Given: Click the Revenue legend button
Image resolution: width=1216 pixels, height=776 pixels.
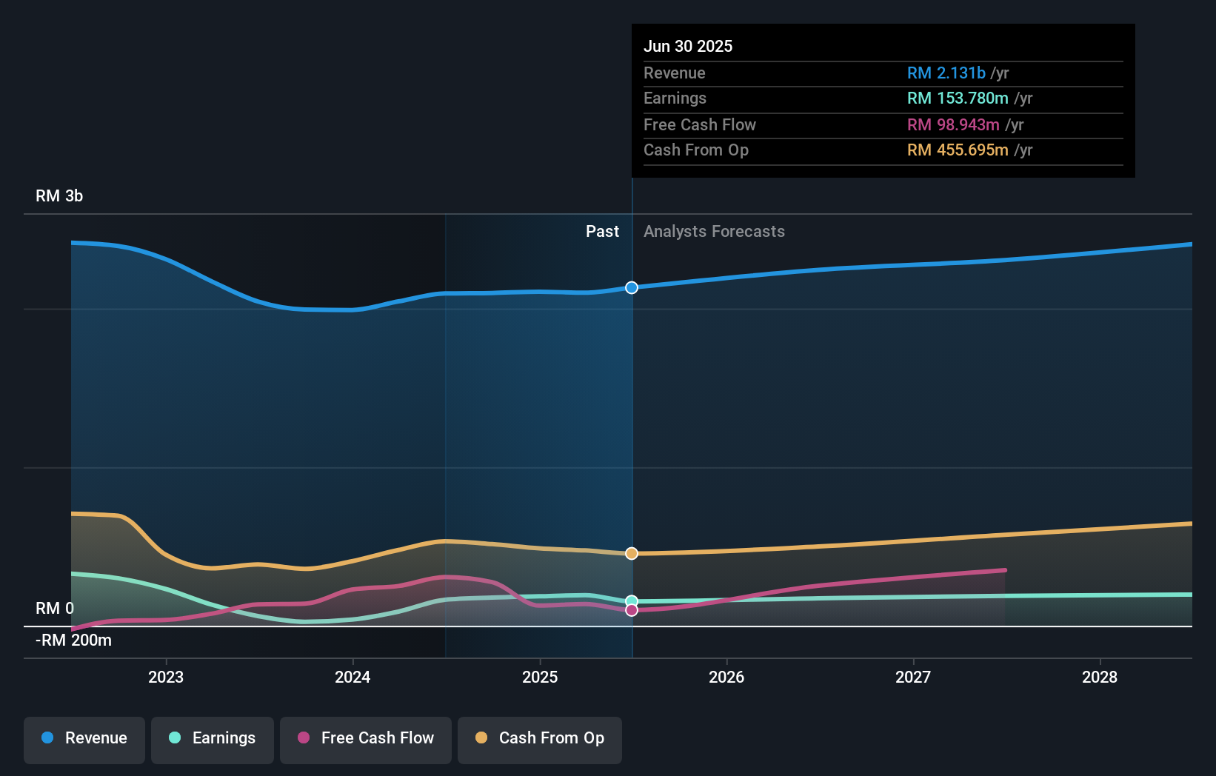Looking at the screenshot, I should point(84,739).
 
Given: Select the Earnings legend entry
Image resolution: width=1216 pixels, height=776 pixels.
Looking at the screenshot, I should point(213,739).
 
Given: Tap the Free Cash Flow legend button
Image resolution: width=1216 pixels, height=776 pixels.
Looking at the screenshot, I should point(366,739).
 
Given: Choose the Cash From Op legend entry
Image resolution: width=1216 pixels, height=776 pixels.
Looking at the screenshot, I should point(540,739).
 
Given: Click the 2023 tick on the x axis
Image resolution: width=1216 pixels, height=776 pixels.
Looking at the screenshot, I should point(166,677).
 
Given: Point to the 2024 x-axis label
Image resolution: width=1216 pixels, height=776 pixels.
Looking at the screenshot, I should point(353,677).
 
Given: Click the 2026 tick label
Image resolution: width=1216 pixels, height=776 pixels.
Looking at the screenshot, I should point(726,677).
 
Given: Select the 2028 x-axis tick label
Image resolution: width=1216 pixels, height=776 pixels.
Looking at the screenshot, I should point(1100,677).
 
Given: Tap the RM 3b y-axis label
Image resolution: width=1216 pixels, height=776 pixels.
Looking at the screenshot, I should point(59,196).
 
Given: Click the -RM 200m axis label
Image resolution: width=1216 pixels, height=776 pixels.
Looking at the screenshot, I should point(73,640).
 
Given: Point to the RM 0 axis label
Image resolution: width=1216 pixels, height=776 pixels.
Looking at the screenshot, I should point(55,609).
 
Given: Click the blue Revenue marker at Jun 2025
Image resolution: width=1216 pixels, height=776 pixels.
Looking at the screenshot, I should point(632,287).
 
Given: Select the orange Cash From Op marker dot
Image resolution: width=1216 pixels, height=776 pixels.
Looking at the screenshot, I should point(632,554).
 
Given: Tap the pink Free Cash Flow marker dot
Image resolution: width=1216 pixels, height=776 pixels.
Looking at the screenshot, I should point(632,610).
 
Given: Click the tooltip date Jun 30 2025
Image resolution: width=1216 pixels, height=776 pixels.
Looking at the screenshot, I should point(688,46).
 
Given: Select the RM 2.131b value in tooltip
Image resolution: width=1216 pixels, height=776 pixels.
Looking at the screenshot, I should point(946,73).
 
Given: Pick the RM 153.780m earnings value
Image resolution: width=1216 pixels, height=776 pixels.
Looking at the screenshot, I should point(958,98).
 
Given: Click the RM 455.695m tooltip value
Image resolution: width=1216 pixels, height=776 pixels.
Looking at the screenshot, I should point(958,150).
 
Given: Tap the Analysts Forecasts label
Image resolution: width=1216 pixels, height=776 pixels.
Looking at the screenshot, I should point(714,232).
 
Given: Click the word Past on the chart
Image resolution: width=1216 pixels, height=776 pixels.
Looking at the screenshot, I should point(602,232).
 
